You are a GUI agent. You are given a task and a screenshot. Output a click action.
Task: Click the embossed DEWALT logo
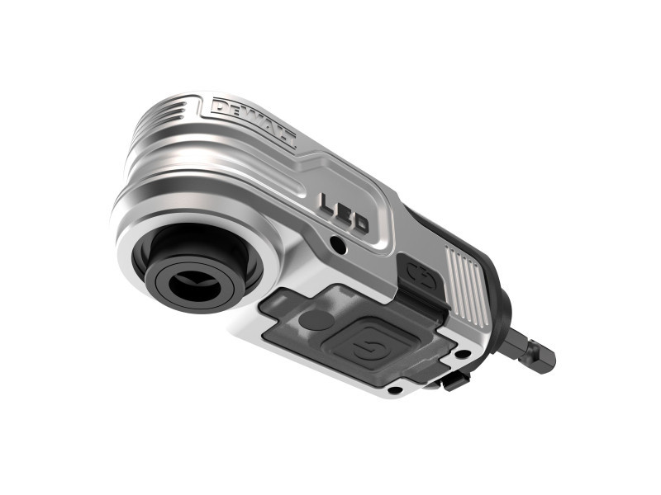(254, 122)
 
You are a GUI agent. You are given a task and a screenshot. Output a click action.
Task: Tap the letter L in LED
(327, 203)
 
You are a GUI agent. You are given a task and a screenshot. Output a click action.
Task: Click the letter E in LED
(344, 213)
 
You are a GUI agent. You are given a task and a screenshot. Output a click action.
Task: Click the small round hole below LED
(337, 243)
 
